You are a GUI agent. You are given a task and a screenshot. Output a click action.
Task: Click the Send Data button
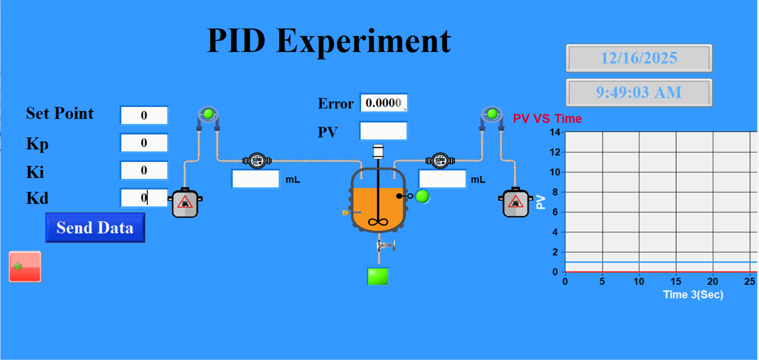tap(95, 227)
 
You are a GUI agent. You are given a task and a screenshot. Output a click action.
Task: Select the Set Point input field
tap(144, 115)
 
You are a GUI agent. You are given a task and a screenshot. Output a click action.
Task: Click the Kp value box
tap(144, 143)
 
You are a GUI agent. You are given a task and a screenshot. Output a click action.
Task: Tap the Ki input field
tap(144, 170)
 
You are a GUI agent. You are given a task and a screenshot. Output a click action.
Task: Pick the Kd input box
tap(144, 197)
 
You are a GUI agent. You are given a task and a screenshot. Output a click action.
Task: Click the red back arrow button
tap(25, 267)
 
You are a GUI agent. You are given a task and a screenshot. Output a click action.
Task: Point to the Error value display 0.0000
tap(383, 103)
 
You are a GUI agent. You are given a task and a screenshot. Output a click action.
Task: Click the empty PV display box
tap(383, 131)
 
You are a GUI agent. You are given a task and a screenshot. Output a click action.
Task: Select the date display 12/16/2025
tap(639, 58)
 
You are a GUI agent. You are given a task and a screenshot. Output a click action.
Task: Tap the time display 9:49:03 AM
tap(639, 92)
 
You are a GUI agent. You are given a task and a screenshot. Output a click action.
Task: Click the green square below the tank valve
tap(378, 276)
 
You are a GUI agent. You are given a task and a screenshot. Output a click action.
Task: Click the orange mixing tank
tap(378, 200)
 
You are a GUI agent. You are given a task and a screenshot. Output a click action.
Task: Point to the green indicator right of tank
tap(422, 196)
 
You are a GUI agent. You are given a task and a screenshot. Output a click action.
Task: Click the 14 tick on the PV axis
tap(555, 132)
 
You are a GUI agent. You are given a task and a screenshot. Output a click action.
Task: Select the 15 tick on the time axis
tap(676, 281)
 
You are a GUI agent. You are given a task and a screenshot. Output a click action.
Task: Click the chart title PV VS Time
tap(547, 119)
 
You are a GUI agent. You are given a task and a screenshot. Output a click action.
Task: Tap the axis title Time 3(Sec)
tap(693, 294)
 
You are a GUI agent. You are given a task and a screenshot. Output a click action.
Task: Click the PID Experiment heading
tap(329, 41)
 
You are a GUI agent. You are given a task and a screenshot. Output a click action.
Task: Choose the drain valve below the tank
tap(385, 245)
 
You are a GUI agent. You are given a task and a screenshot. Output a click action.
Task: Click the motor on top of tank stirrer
tap(378, 151)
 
